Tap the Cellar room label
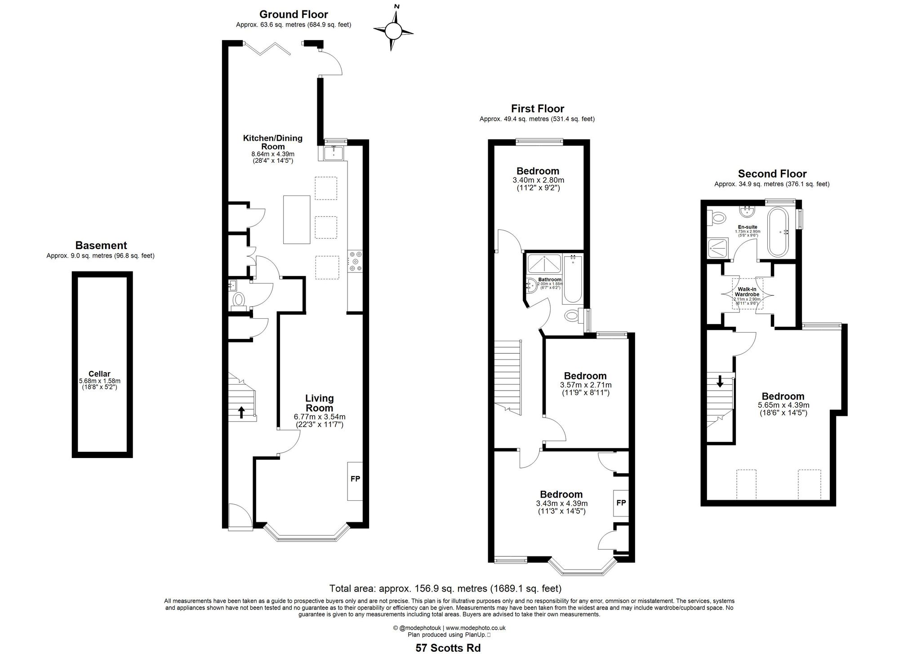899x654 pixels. (x=99, y=374)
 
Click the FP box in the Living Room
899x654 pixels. (x=355, y=479)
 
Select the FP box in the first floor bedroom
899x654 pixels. (x=621, y=503)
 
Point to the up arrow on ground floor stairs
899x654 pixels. (x=241, y=412)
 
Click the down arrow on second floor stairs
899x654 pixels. (x=720, y=382)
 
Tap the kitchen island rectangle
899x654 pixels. (x=296, y=219)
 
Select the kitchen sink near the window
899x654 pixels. (x=333, y=153)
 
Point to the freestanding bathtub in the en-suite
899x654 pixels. (x=777, y=231)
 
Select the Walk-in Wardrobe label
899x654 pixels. (x=747, y=292)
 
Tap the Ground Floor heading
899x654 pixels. (x=294, y=14)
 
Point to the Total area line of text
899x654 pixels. (x=445, y=588)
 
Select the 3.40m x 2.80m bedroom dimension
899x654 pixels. (x=538, y=180)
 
